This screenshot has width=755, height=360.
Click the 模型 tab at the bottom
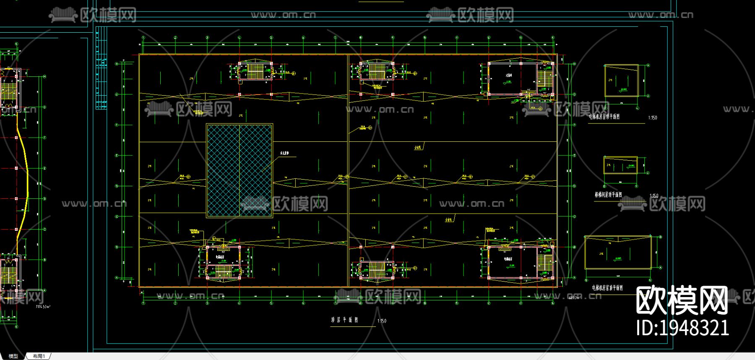point(13,356)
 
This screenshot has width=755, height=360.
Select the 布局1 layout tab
point(39,356)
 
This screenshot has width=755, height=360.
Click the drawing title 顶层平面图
point(344,320)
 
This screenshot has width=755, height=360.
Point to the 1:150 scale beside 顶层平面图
point(382,321)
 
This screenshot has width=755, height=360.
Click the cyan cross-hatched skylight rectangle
point(240,170)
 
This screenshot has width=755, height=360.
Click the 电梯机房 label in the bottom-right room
point(508,259)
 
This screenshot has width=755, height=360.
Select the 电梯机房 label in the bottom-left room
point(221,256)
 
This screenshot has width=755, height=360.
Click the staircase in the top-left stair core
point(255,70)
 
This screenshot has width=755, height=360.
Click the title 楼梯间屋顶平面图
point(608,195)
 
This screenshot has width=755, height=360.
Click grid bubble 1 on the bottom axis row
point(143,303)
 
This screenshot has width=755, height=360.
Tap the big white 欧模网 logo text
point(682,300)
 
